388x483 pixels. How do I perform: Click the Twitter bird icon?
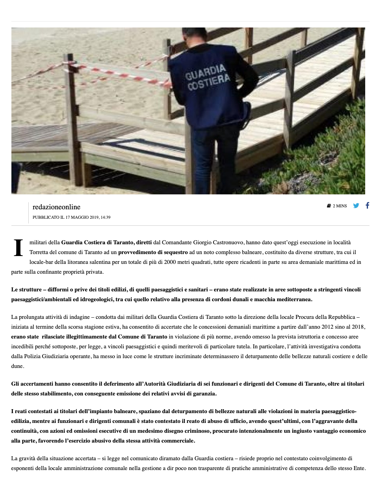[x=356, y=205]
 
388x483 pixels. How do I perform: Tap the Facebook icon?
[x=367, y=205]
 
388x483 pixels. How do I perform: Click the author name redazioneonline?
[x=56, y=207]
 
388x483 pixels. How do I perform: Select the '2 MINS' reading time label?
[x=340, y=206]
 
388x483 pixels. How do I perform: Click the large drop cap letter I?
[x=18, y=248]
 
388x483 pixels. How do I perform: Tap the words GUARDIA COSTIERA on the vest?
[x=207, y=77]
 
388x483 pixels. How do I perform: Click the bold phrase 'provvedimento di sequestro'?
[x=153, y=252]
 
